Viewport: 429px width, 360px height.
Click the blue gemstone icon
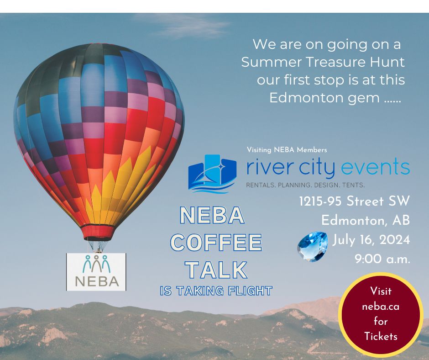(313, 246)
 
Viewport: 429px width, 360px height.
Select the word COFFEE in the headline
(216, 242)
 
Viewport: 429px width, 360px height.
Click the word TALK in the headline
(216, 270)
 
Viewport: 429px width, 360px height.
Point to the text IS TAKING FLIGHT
(216, 291)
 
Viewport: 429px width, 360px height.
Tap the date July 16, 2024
(371, 239)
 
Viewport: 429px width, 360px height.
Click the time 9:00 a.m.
(382, 259)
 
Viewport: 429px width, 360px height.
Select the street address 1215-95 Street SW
(354, 201)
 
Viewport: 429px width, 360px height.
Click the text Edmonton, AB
(366, 220)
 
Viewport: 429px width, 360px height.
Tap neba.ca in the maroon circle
(381, 306)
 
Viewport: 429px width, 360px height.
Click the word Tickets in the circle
(381, 336)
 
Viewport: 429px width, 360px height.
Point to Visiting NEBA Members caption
(287, 150)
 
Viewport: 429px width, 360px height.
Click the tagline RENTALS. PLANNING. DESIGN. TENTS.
(305, 185)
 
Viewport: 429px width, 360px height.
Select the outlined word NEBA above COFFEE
(212, 216)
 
